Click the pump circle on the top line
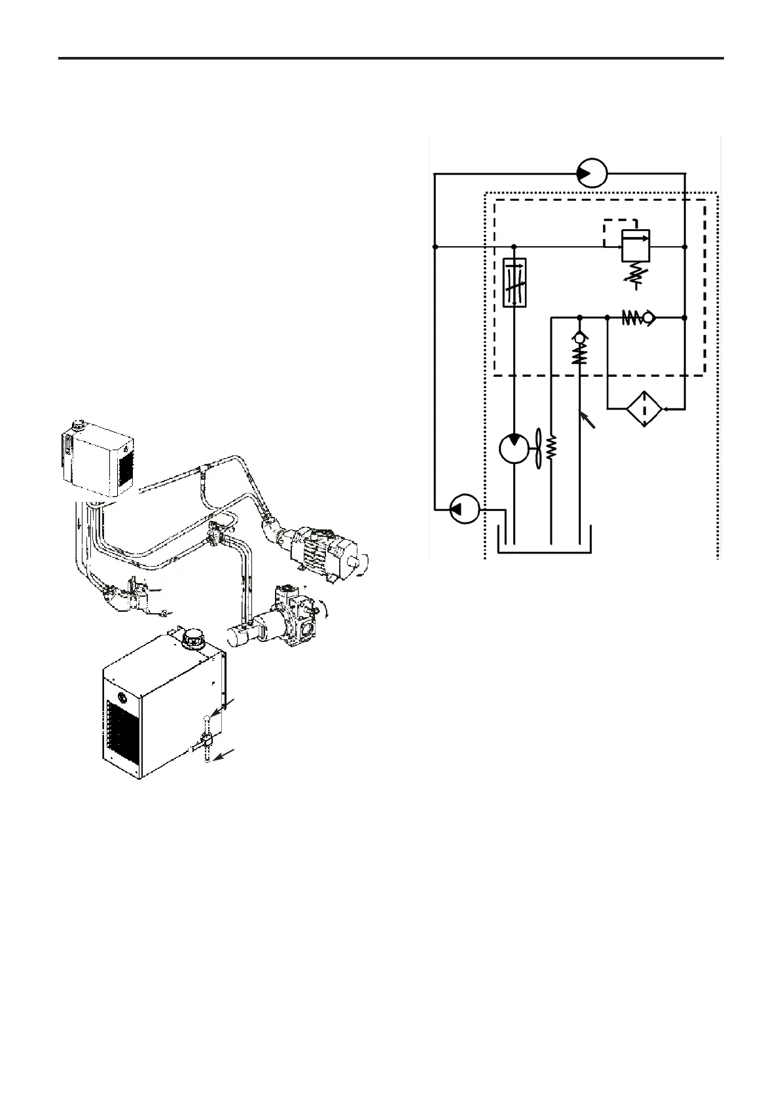(x=592, y=173)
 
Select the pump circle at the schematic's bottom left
(x=465, y=508)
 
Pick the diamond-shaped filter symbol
(x=645, y=409)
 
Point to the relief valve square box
(x=635, y=247)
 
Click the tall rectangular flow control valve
(x=514, y=283)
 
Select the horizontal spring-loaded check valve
(x=638, y=318)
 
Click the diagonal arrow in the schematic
(x=588, y=420)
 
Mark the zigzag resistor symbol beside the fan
(x=551, y=449)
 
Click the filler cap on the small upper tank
(x=80, y=425)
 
